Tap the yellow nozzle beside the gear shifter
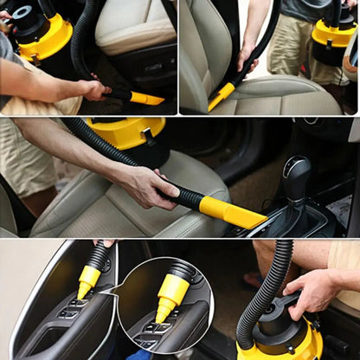click(x=231, y=211)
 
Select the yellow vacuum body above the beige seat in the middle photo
click(x=126, y=132)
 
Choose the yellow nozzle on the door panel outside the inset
click(x=88, y=280)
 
